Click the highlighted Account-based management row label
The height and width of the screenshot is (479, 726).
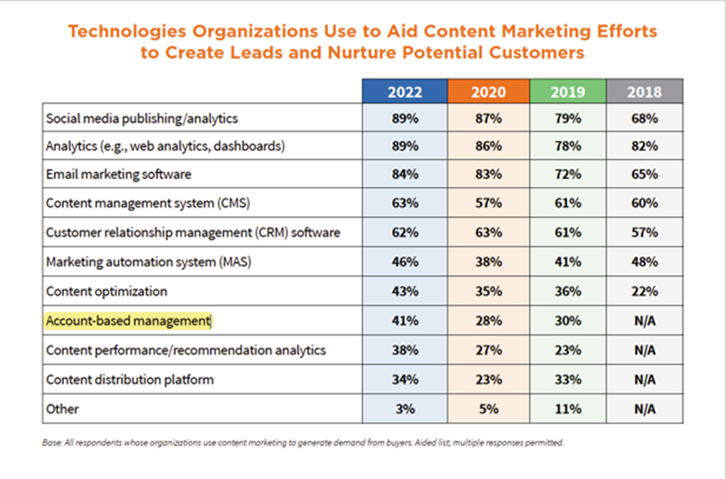click(128, 321)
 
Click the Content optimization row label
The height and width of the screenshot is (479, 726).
click(106, 291)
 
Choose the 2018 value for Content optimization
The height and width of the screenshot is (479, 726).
click(644, 291)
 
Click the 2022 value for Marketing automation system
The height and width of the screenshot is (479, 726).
click(404, 262)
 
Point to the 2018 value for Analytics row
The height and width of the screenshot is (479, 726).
click(644, 146)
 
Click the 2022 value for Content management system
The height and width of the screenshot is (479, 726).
click(404, 204)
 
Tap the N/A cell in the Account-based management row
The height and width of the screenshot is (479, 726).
click(644, 321)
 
